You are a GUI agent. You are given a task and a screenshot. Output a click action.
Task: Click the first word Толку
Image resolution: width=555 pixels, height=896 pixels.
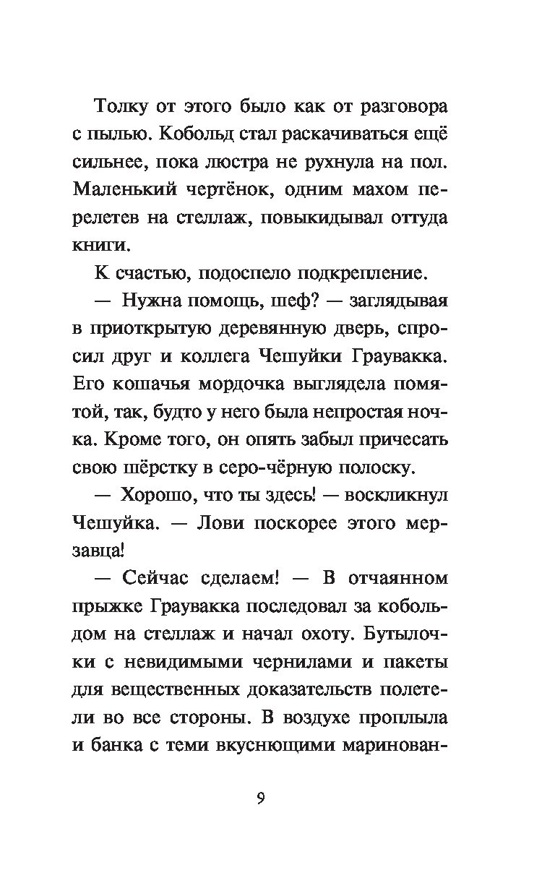pyautogui.click(x=123, y=108)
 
